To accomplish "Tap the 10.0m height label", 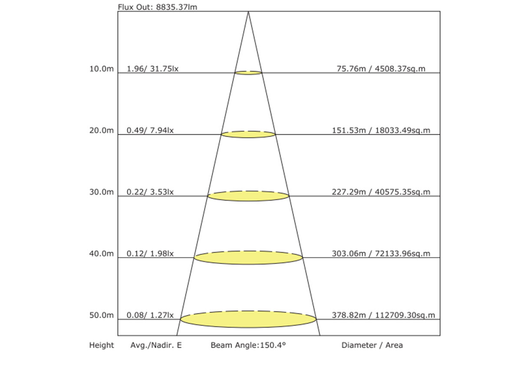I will (102, 69).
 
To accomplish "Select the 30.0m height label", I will (102, 192).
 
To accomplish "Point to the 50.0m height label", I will (102, 315).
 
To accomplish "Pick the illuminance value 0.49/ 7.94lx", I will (150, 130).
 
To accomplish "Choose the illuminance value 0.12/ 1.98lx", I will (150, 254).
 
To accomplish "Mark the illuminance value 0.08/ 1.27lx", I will (150, 315).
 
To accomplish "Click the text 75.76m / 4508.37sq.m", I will (381, 69).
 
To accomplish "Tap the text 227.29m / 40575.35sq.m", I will (381, 192).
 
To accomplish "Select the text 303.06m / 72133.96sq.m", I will (381, 254).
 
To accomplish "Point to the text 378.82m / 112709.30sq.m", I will (383, 315).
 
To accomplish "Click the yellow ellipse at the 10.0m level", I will (248, 73).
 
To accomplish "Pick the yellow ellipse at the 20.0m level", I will (248, 134).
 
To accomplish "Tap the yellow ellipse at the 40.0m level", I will (248, 257).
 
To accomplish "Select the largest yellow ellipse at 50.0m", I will (248, 319).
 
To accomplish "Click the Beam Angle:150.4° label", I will (248, 345).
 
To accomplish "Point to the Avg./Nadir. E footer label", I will (156, 345).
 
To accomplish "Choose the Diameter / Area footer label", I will (372, 345).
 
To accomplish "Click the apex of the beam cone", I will (248, 12).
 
